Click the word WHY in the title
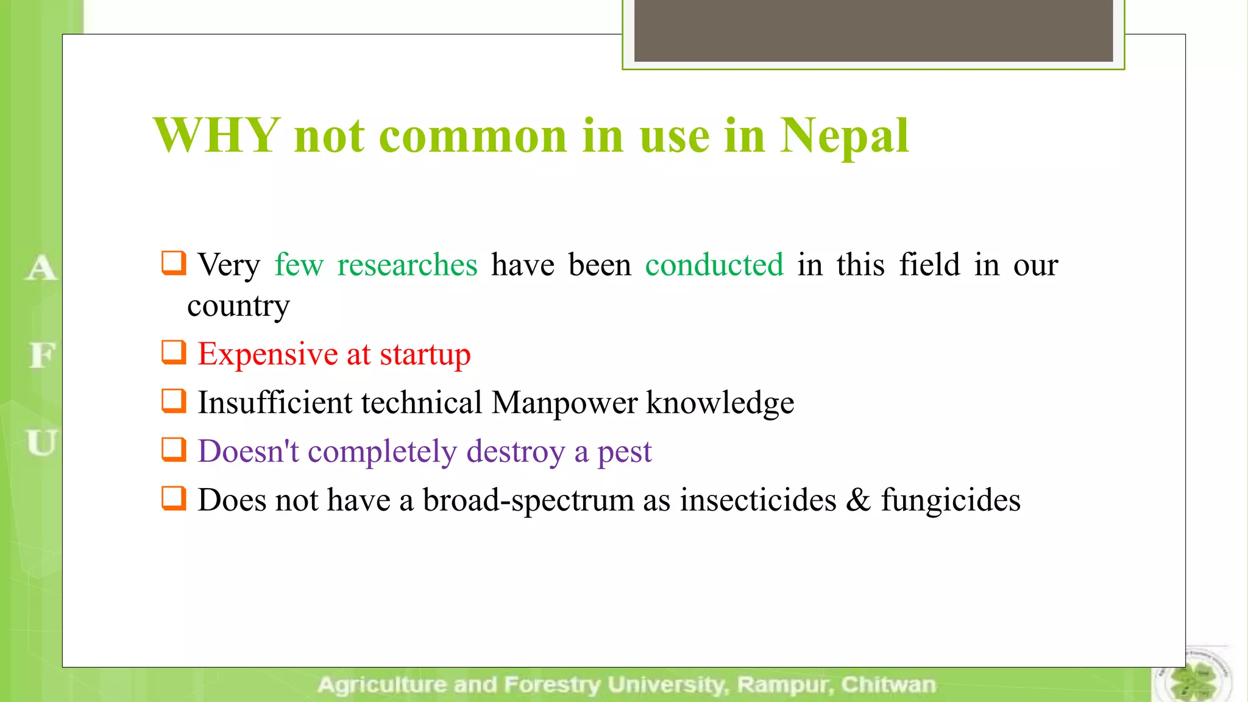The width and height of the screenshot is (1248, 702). pyautogui.click(x=216, y=135)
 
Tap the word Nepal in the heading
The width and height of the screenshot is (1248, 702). pyautogui.click(x=845, y=135)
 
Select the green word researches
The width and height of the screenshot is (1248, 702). pyautogui.click(x=407, y=265)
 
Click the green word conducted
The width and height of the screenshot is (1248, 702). pyautogui.click(x=714, y=265)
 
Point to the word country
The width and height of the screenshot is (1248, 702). pyautogui.click(x=238, y=306)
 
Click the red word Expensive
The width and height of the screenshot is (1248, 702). pyautogui.click(x=268, y=354)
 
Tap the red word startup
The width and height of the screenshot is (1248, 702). pyautogui.click(x=425, y=355)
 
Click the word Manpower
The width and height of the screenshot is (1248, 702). pyautogui.click(x=564, y=403)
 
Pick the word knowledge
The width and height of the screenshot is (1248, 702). pyautogui.click(x=720, y=403)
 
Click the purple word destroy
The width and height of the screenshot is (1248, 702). pyautogui.click(x=516, y=452)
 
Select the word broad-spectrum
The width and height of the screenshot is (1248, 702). pyautogui.click(x=528, y=501)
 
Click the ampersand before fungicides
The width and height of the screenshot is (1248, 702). pyautogui.click(x=858, y=500)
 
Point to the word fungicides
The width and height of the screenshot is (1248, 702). pyautogui.click(x=951, y=501)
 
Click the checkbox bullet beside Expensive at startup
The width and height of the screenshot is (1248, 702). pyautogui.click(x=174, y=352)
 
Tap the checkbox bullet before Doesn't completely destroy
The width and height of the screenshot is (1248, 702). pyautogui.click(x=174, y=450)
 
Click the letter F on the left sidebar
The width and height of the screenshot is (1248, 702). pyautogui.click(x=41, y=355)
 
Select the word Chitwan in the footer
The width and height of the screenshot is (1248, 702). pyautogui.click(x=888, y=685)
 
